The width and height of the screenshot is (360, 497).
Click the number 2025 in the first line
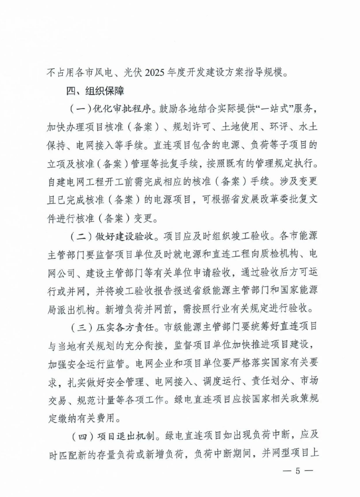pos(155,72)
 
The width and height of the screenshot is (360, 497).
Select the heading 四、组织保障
pos(95,91)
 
